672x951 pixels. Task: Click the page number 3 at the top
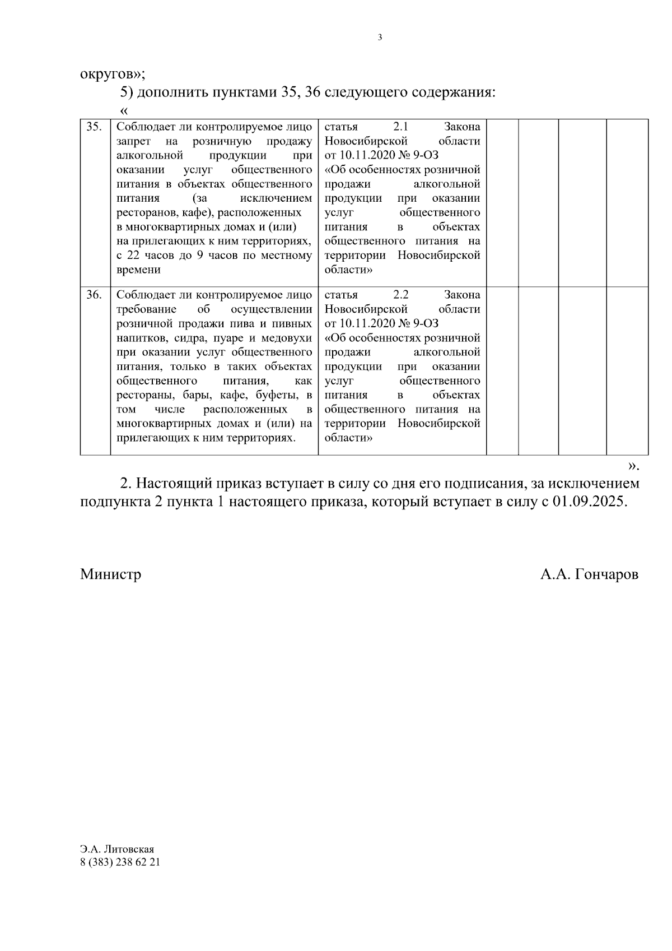(380, 38)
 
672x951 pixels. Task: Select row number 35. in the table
(94, 127)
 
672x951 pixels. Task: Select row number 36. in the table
(94, 295)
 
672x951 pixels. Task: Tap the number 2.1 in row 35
(401, 127)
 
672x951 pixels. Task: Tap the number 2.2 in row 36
(401, 295)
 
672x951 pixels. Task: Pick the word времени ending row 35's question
(138, 270)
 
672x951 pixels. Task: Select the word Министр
(110, 574)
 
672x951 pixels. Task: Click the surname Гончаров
(606, 574)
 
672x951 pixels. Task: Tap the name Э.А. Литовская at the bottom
(117, 850)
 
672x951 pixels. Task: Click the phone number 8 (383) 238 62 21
(120, 862)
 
